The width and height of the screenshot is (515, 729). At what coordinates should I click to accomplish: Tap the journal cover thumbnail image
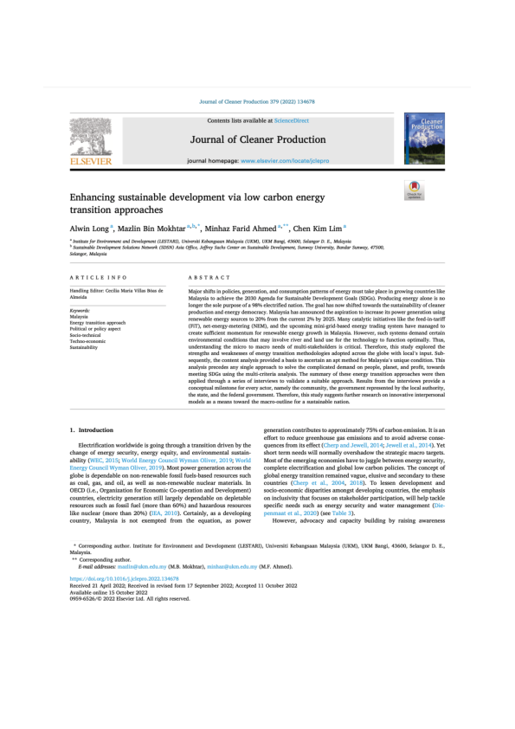point(425,137)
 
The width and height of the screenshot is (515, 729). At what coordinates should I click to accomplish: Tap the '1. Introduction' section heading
point(89,429)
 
